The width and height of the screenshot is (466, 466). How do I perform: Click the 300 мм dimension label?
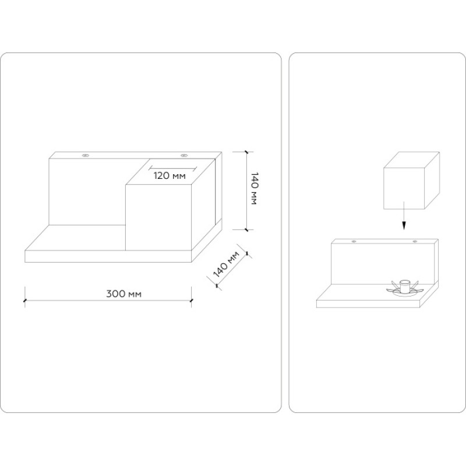click(x=123, y=294)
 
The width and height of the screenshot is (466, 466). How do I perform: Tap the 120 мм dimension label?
click(x=170, y=176)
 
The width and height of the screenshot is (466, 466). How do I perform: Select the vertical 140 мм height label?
click(x=255, y=188)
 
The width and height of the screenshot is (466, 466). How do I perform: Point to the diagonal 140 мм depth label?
click(x=227, y=264)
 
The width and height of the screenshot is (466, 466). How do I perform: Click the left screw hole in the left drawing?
click(x=86, y=155)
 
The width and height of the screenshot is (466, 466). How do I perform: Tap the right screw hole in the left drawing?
click(x=184, y=155)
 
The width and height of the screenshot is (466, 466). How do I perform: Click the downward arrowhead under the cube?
click(x=404, y=225)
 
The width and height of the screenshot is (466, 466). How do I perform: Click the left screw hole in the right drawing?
click(x=354, y=241)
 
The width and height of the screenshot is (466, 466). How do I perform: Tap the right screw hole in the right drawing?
click(x=415, y=241)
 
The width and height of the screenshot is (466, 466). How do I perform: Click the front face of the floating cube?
click(x=404, y=188)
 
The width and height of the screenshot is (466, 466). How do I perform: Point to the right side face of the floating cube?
click(x=432, y=181)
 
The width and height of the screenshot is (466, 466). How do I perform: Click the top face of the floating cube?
click(x=412, y=160)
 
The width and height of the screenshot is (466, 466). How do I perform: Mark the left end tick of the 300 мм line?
click(x=24, y=301)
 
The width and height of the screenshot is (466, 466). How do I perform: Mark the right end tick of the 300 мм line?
click(x=191, y=301)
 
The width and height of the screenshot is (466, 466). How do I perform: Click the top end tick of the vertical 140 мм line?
click(x=246, y=151)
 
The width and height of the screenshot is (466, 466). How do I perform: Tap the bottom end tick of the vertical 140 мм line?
click(x=246, y=230)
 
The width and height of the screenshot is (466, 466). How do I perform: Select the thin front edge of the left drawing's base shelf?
click(x=108, y=256)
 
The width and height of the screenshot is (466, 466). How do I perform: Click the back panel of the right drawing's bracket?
click(x=383, y=262)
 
